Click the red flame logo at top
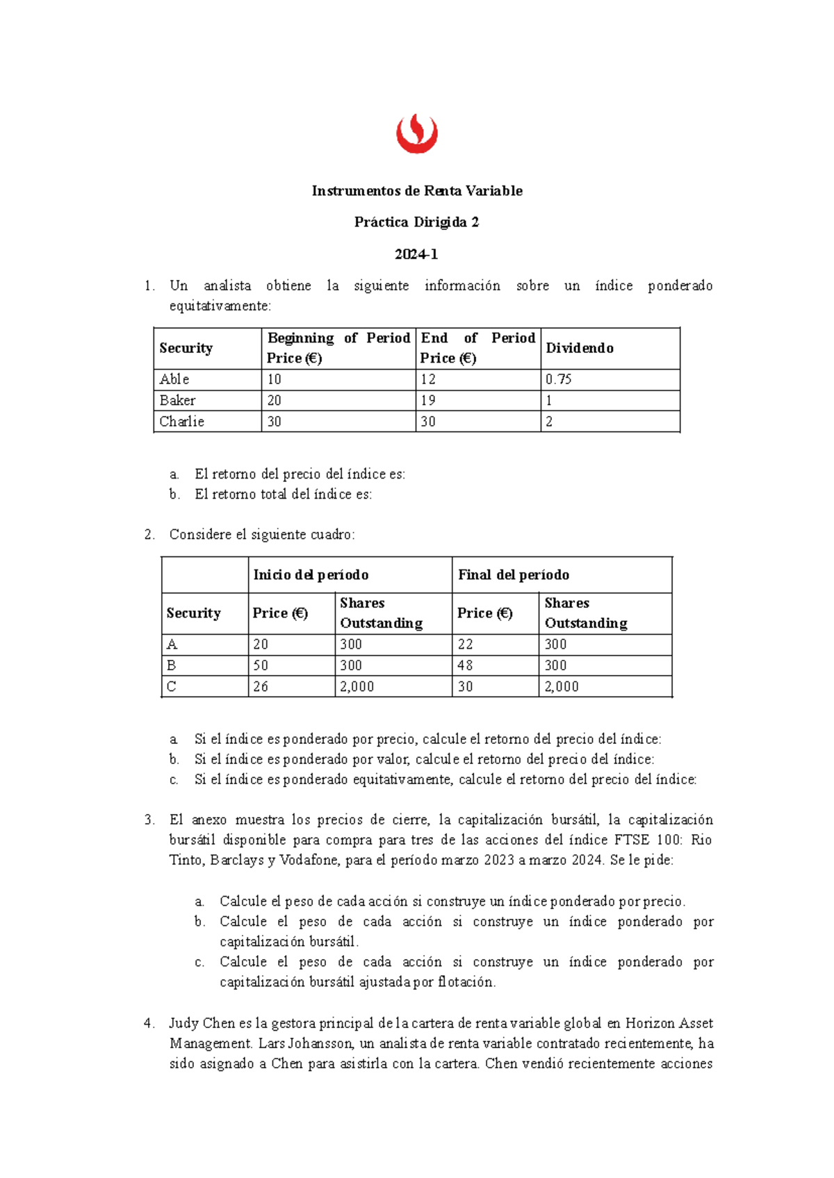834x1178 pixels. pos(417,134)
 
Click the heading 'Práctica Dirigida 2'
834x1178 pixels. pos(416,222)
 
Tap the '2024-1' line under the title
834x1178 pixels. pos(416,254)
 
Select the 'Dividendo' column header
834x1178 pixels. pos(580,348)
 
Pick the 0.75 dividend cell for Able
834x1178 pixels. pos(558,379)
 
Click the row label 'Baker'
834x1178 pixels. pos(177,400)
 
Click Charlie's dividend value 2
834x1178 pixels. pos(549,422)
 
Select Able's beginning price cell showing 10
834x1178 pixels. pos(275,379)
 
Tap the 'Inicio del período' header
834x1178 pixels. pos(311,575)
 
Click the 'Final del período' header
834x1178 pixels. pos(514,575)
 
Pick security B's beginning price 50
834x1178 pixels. pos(261,665)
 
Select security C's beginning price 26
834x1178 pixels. pos(261,686)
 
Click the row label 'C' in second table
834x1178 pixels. pos(172,686)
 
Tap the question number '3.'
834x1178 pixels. pos(149,820)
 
